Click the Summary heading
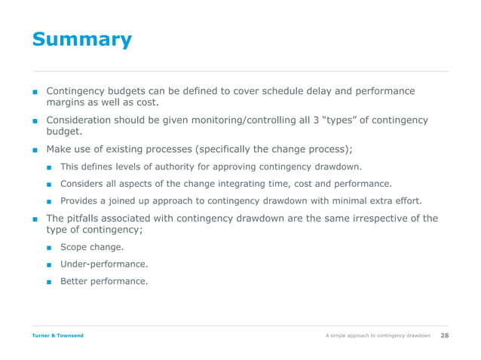tap(81, 39)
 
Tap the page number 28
tap(444, 335)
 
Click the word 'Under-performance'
tap(103, 264)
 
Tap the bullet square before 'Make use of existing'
tap(35, 149)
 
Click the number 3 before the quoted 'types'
tap(307, 120)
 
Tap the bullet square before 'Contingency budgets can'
tap(35, 92)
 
